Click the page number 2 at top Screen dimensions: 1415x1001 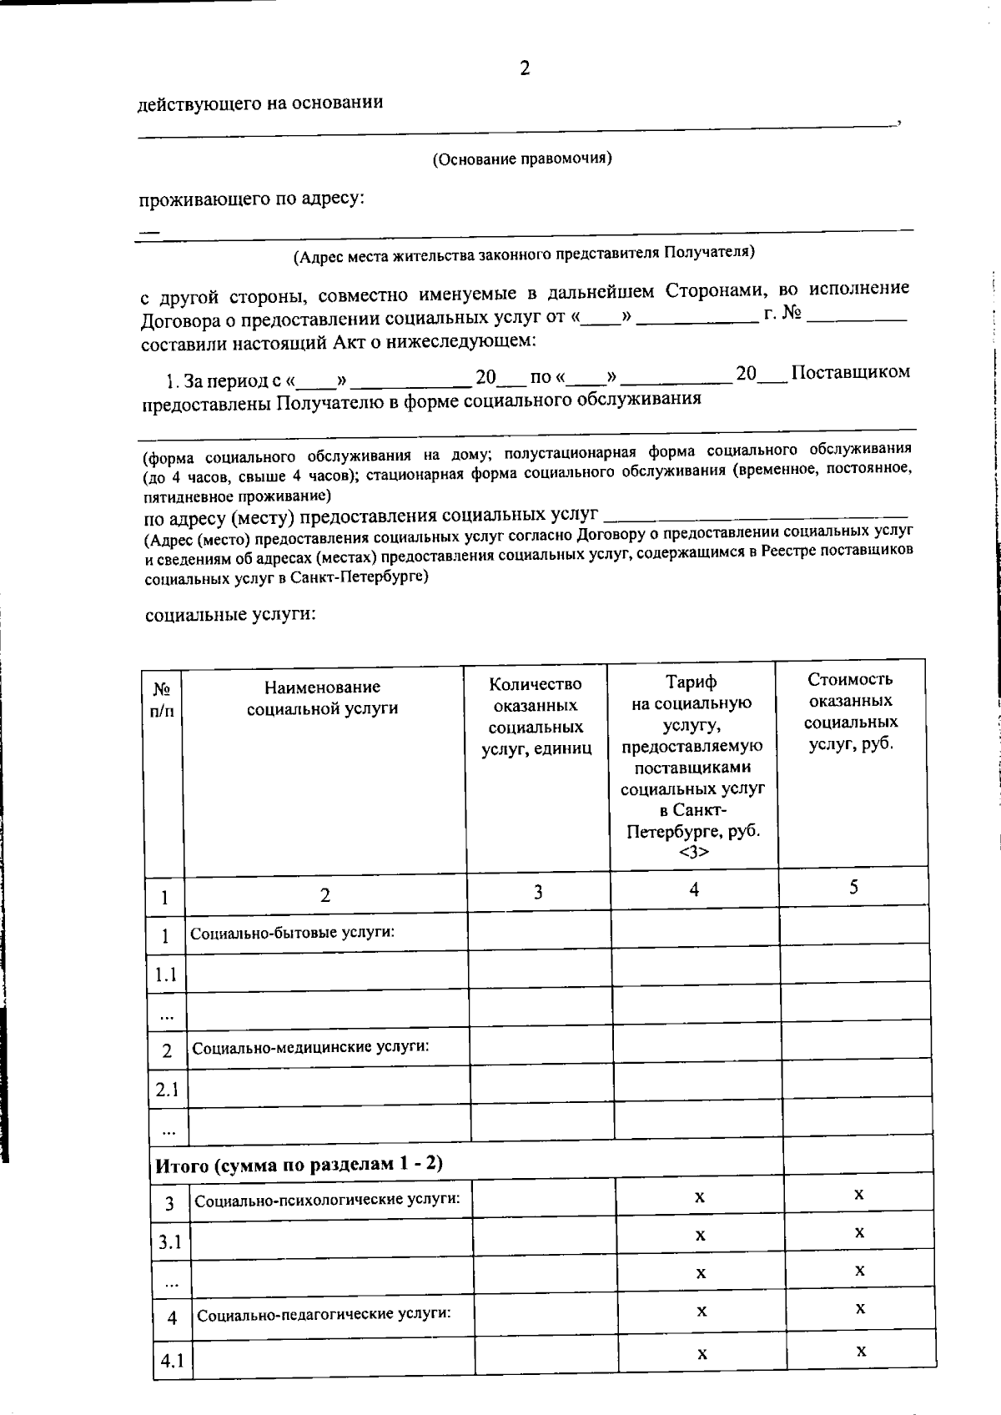pos(524,68)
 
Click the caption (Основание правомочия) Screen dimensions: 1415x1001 pos(521,159)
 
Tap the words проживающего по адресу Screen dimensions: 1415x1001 pos(251,199)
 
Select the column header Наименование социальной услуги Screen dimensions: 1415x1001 pos(322,697)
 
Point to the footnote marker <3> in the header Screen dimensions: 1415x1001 pos(693,852)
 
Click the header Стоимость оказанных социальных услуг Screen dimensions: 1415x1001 pos(851,712)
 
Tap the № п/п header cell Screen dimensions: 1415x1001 pos(163,700)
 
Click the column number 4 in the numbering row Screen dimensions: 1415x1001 pos(693,889)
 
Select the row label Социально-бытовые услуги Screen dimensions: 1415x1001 pos(292,932)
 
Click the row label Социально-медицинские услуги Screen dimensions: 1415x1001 pos(310,1045)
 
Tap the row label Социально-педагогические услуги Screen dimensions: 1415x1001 pos(324,1314)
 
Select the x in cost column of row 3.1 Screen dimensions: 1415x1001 pos(859,1232)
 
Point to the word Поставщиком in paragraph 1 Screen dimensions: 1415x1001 pos(850,371)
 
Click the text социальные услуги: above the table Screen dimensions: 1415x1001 pos(230,614)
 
